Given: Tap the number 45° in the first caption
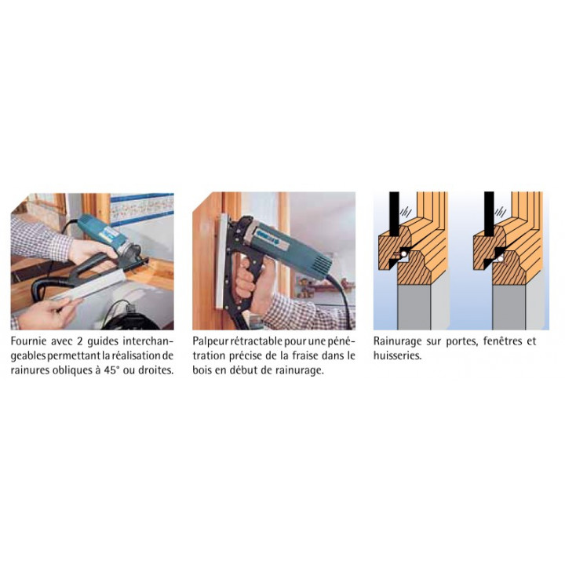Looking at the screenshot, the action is coord(110,370).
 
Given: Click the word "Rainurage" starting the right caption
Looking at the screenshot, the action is coord(397,341).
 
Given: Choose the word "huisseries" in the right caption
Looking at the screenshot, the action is coord(396,355).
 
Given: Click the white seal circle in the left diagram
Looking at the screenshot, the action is coord(404,254).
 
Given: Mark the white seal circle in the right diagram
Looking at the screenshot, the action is coord(499,258).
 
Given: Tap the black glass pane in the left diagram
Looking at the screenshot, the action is coord(394,213).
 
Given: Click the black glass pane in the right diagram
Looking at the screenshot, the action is coord(489,213).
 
